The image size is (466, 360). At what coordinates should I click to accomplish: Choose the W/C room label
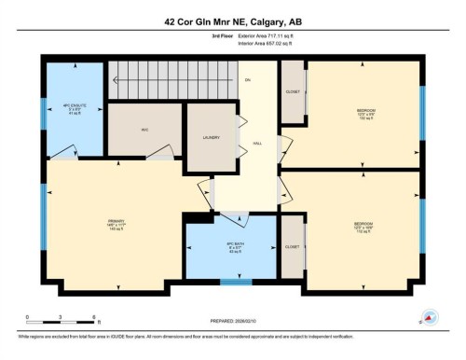(x=145, y=130)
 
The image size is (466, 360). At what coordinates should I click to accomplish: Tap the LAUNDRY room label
(x=211, y=138)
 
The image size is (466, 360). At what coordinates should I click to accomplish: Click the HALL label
(x=255, y=143)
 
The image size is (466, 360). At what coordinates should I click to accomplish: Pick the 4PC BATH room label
(x=231, y=247)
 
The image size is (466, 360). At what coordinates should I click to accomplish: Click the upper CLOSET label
(x=292, y=92)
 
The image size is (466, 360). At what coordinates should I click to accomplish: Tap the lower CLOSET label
(x=292, y=246)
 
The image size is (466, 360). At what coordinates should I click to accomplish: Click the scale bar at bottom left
(x=55, y=319)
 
